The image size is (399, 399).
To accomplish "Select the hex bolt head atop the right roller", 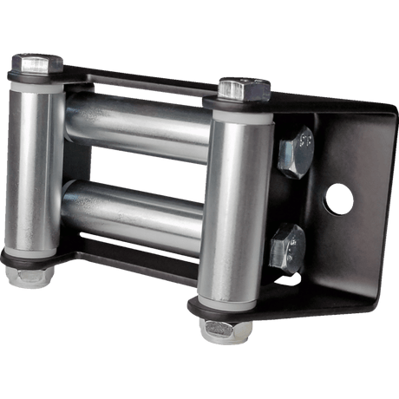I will (241, 87).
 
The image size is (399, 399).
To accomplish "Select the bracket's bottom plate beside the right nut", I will (295, 299).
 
